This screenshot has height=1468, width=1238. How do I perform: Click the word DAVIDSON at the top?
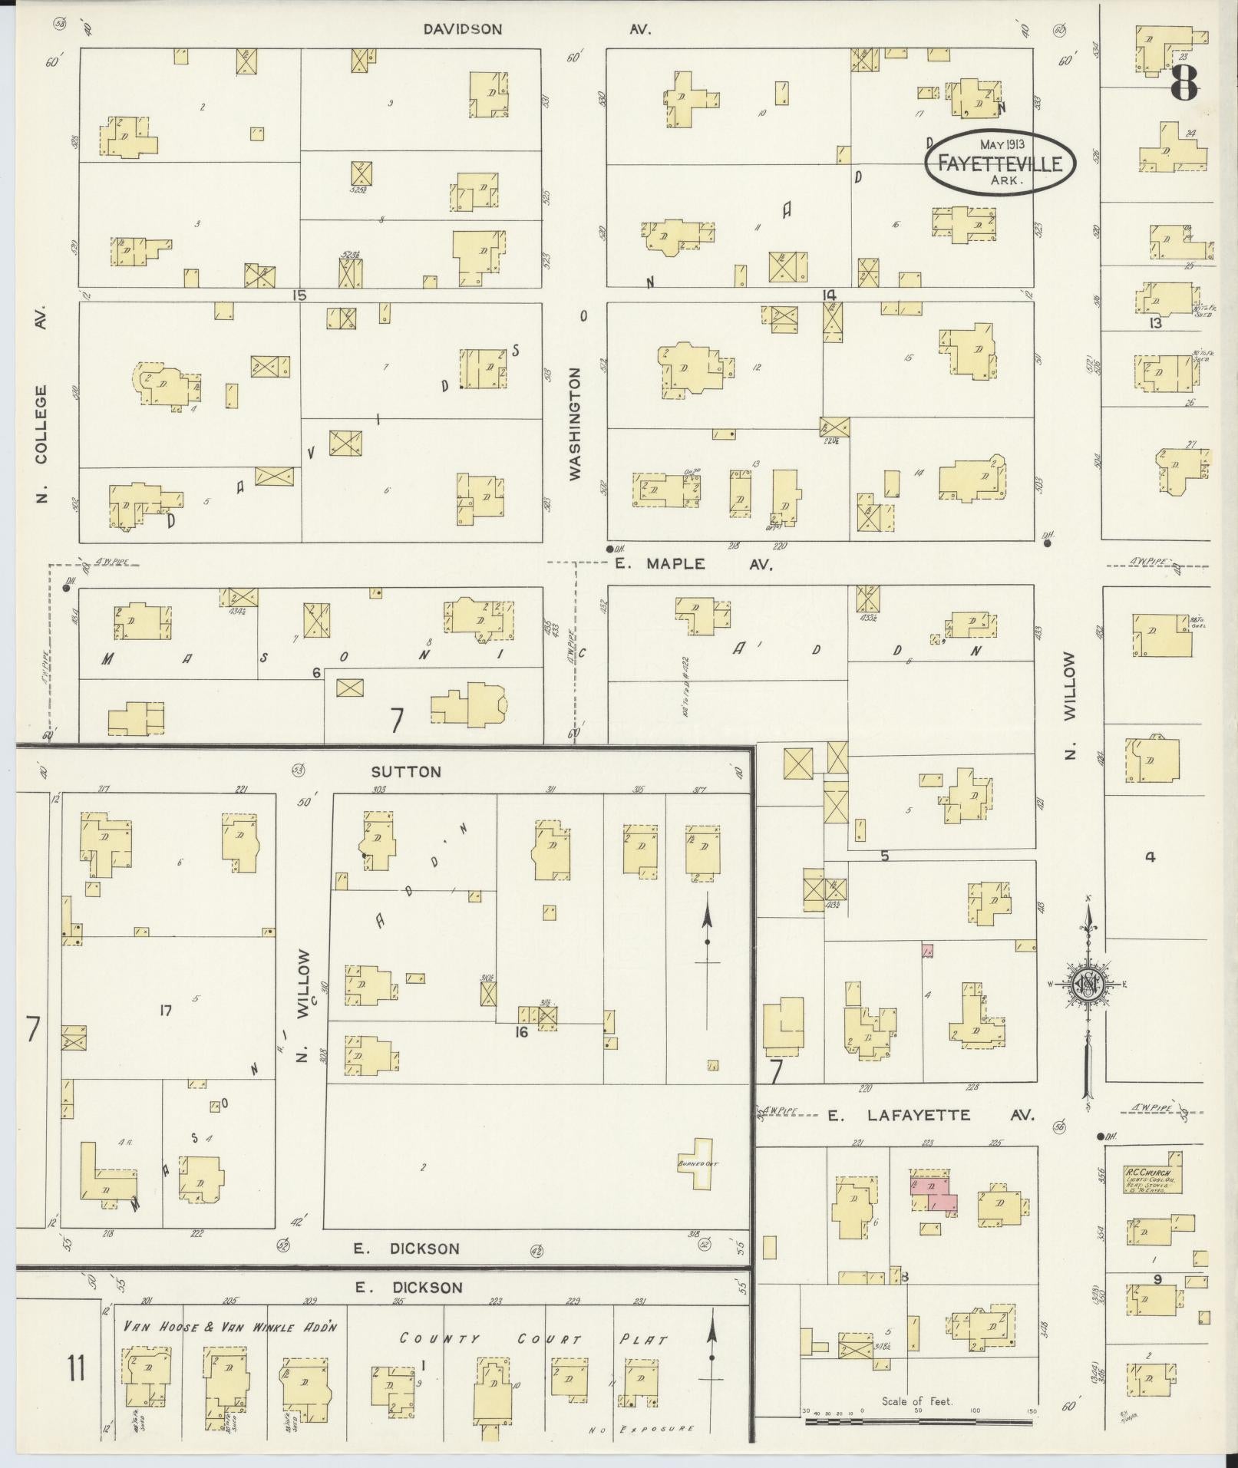[463, 29]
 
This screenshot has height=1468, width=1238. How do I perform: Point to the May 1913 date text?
[1002, 144]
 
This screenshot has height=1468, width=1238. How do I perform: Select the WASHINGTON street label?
[576, 424]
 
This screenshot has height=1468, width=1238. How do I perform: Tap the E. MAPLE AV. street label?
[693, 564]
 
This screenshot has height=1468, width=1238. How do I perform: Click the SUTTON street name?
[406, 771]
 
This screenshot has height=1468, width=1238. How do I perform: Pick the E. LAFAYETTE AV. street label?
[931, 1115]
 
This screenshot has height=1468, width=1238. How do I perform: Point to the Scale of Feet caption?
[916, 1401]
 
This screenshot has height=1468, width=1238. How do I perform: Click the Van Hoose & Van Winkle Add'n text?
[230, 1326]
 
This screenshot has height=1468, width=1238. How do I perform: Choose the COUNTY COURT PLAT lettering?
[533, 1339]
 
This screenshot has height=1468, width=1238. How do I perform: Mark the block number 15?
[299, 295]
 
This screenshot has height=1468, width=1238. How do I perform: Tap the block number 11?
[75, 1367]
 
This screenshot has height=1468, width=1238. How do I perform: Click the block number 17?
[165, 1011]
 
